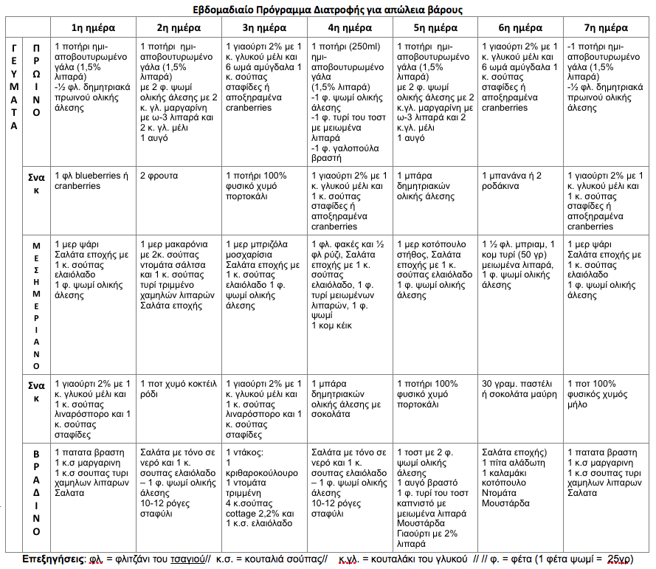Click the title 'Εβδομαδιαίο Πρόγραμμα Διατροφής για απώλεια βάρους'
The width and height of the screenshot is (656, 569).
pos(328,10)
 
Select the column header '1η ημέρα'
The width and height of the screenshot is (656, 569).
pos(93,28)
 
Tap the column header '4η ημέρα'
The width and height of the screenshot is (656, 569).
pos(349,28)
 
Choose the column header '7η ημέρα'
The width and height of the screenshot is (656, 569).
pos(606,28)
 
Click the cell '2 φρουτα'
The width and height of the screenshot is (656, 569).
pos(159,176)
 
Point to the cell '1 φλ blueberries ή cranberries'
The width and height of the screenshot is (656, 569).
pos(89,181)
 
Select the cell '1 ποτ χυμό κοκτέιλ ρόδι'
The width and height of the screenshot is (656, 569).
pos(177,389)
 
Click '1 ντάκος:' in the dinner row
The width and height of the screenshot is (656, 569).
pos(245,452)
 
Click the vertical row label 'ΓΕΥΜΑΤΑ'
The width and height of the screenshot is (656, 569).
pos(15,85)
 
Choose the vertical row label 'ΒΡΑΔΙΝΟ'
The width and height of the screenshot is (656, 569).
pos(36,490)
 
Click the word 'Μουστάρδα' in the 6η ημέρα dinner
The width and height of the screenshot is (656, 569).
pos(505,503)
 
